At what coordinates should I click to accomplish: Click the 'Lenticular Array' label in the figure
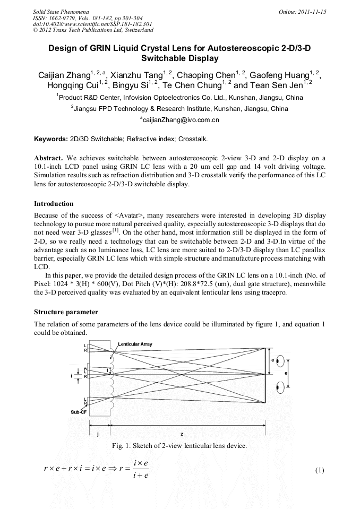(135, 344)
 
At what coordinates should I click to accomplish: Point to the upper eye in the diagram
(280, 359)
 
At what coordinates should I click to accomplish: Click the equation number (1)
(319, 470)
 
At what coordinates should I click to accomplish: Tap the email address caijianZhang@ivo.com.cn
(179, 120)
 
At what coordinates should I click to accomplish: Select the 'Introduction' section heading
(54, 204)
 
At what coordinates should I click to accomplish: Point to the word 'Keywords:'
(51, 139)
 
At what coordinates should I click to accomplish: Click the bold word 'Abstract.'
(49, 158)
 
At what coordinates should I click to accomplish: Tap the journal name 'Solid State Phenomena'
(61, 12)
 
